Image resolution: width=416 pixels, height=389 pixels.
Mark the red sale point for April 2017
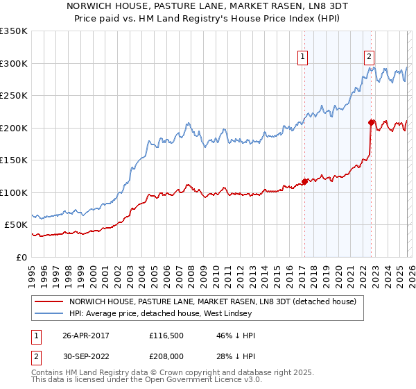(304, 183)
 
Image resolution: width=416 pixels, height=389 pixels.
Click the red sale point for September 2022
(371, 123)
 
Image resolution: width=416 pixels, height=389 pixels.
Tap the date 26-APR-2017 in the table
(85, 336)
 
